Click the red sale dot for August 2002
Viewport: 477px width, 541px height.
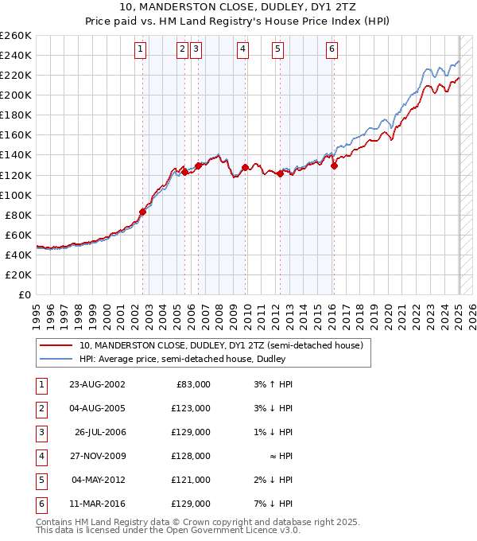point(143,212)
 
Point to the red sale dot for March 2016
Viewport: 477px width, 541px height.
point(334,166)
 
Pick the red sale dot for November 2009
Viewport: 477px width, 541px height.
point(245,167)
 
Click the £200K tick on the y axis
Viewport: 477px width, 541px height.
point(16,95)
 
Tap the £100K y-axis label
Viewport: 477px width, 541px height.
point(16,195)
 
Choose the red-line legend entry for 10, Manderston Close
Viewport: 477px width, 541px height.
point(221,345)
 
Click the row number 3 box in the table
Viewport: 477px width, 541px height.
point(40,432)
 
